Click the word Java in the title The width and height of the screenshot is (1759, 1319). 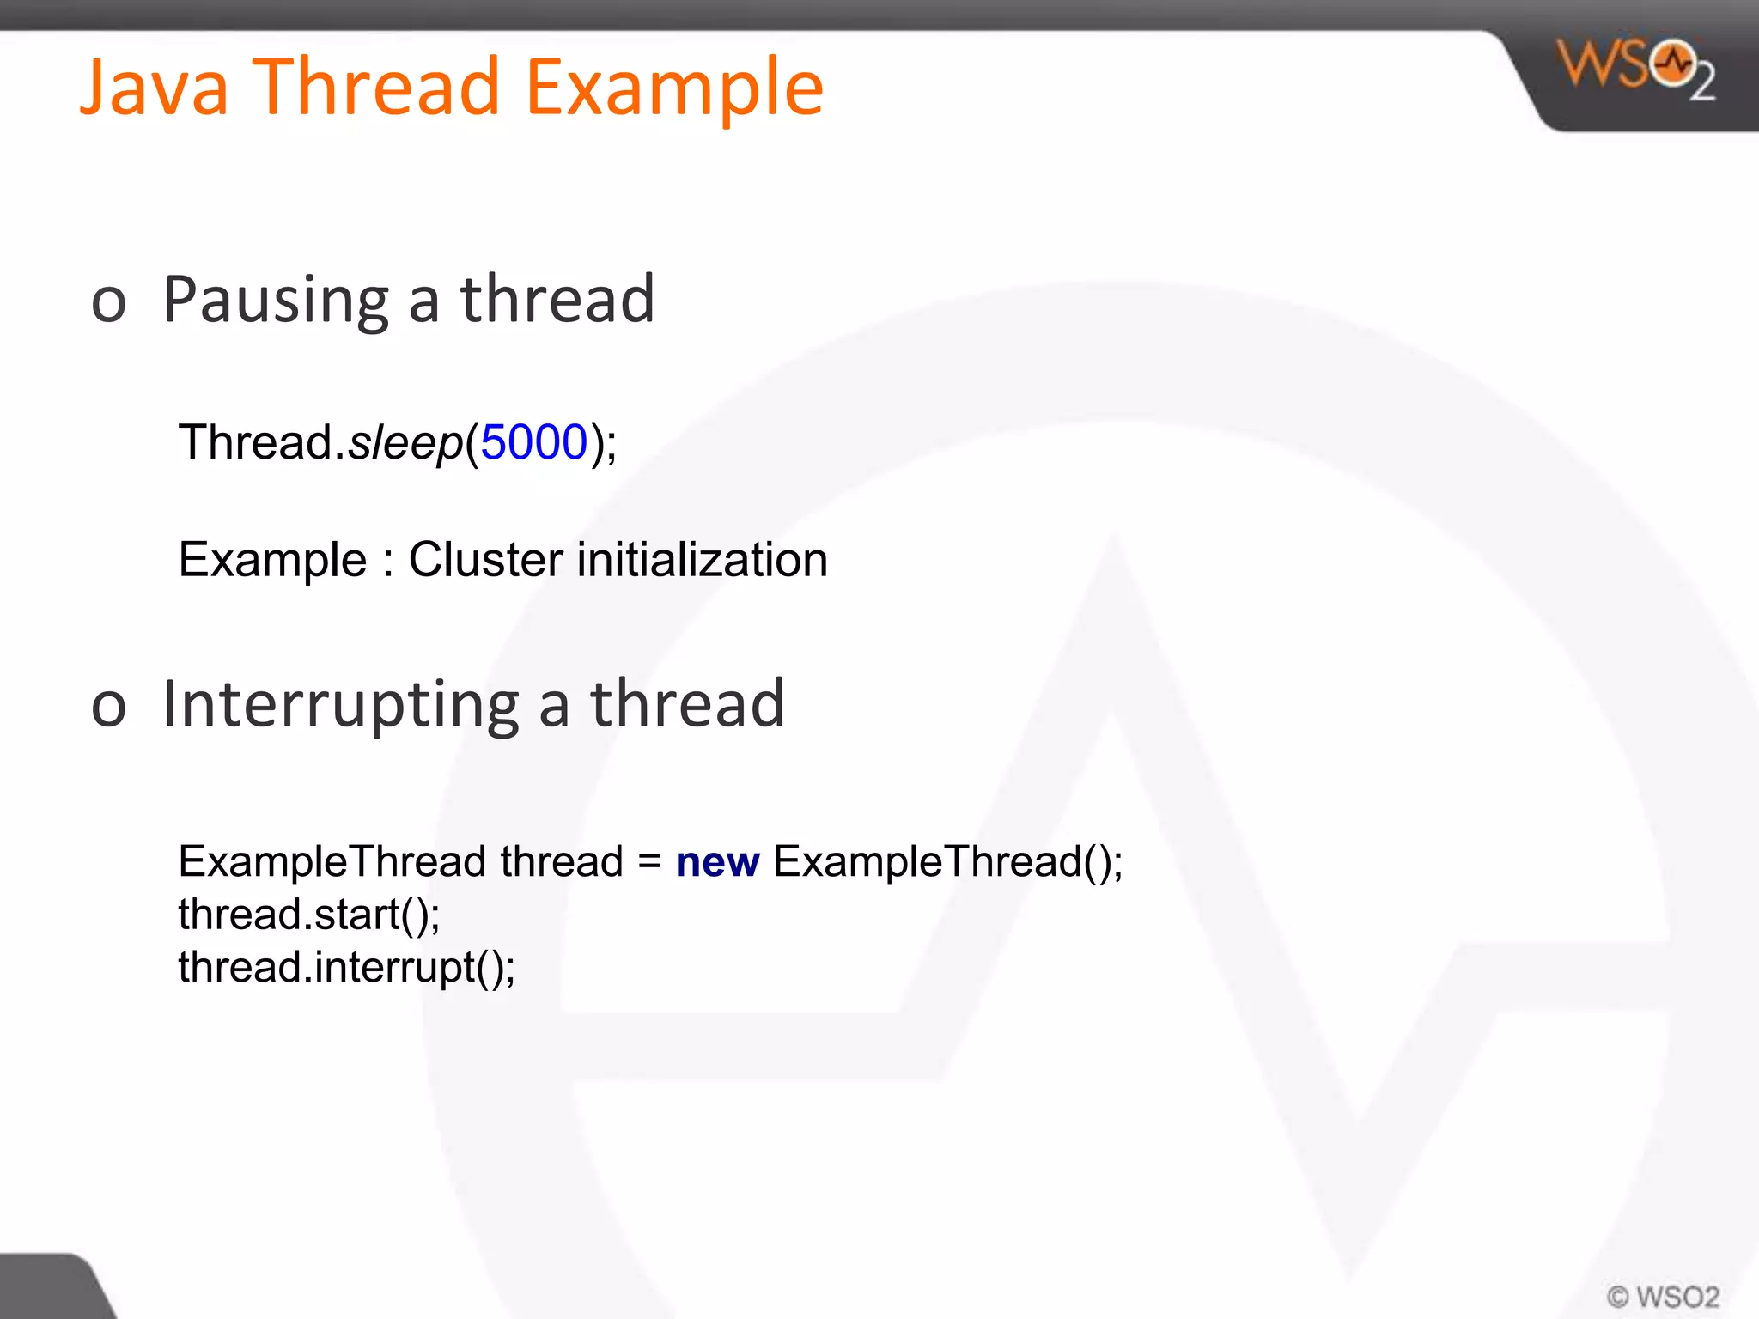tap(155, 88)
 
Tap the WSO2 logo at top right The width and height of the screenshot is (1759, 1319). tap(1636, 69)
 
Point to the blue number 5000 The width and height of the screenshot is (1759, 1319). tap(533, 443)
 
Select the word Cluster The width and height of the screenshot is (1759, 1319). tap(486, 560)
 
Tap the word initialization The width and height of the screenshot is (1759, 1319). tap(703, 560)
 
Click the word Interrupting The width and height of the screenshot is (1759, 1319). tap(341, 705)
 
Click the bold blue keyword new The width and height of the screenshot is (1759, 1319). tap(717, 862)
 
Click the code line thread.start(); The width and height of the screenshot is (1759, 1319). tap(309, 915)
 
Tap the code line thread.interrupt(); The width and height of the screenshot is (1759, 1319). tap(346, 968)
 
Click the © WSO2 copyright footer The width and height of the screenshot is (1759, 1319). tap(1663, 1296)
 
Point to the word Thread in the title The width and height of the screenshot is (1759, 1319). tap(375, 88)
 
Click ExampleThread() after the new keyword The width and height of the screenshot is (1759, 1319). tap(947, 862)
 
